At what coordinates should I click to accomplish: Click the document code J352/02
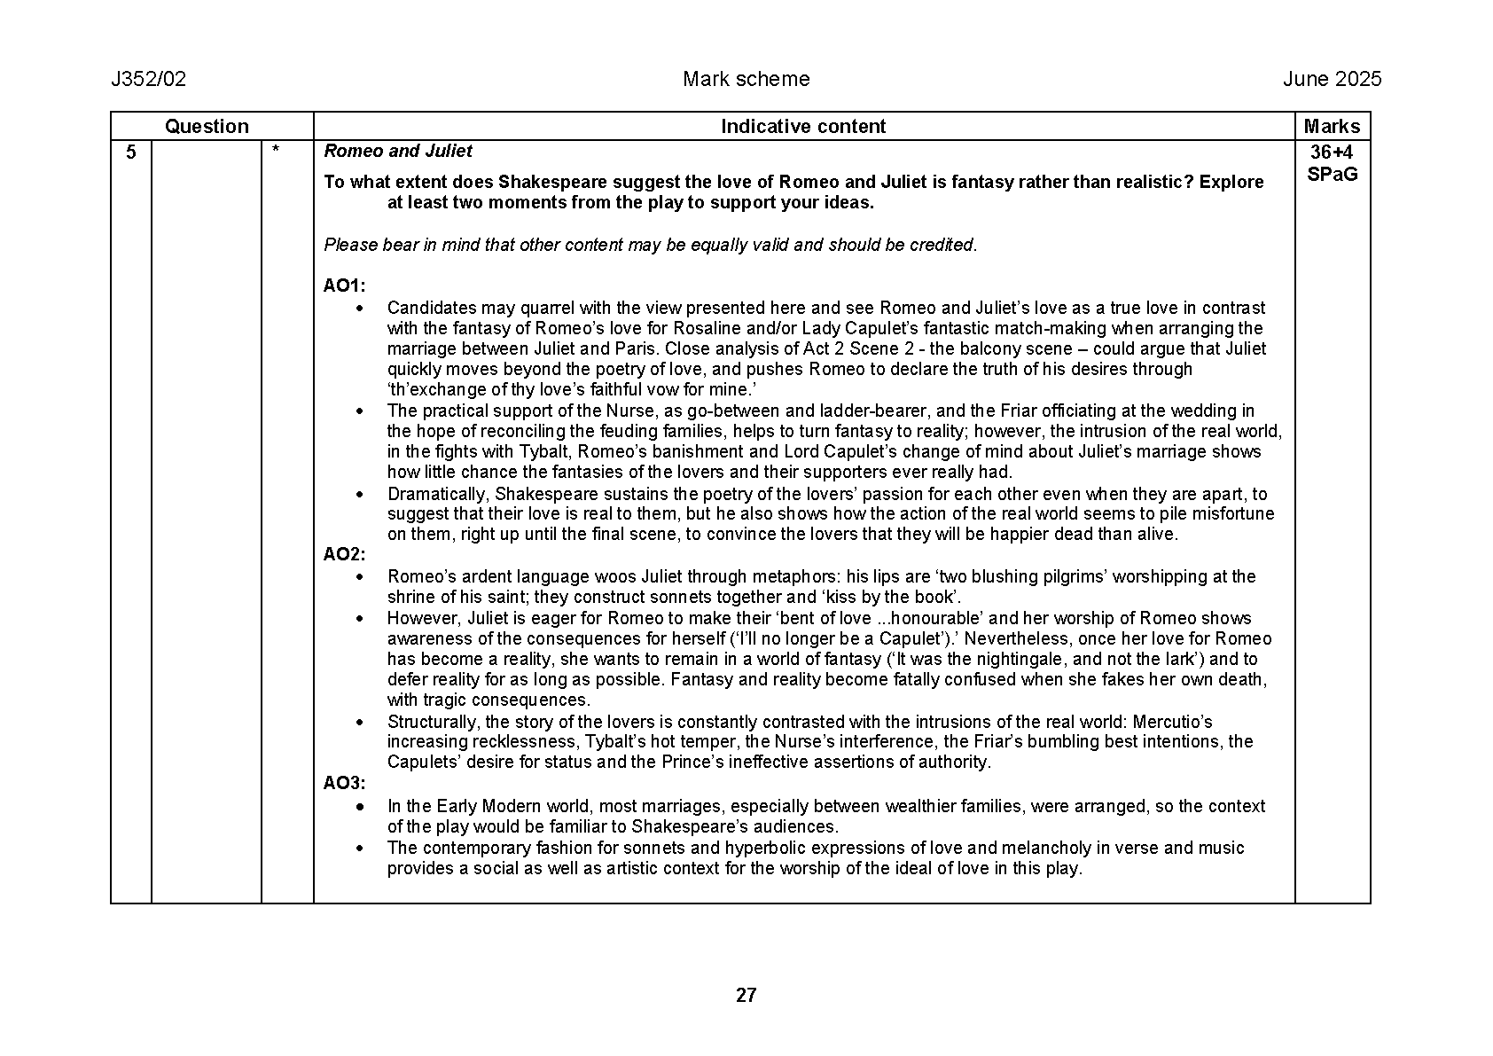pos(148,80)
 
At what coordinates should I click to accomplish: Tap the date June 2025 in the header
pos(1332,80)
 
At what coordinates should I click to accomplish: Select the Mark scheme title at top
pos(746,80)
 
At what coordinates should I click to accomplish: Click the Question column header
pos(207,127)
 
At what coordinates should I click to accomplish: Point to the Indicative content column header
pos(802,127)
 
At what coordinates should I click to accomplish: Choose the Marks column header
pos(1332,127)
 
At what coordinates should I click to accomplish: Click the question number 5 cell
pos(131,153)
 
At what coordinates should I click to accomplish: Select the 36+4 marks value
pos(1332,153)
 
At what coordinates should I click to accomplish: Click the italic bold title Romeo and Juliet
pos(398,152)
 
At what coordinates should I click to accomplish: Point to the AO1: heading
pos(344,286)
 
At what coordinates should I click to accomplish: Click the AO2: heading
pos(344,555)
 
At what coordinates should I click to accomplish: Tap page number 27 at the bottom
pos(746,996)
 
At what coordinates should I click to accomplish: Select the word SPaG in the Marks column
pos(1332,175)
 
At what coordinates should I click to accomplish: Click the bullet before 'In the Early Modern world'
pos(360,807)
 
